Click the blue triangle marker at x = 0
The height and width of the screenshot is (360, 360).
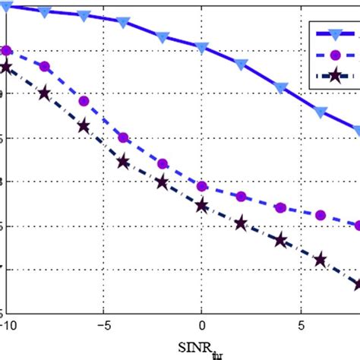tap(202, 48)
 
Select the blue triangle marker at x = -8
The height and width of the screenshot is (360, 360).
tap(45, 13)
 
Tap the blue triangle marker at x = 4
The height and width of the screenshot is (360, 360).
tap(281, 88)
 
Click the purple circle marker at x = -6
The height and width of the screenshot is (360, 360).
tap(84, 101)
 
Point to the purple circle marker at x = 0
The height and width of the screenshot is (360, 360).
tap(202, 186)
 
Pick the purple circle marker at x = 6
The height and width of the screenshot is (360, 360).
tap(321, 215)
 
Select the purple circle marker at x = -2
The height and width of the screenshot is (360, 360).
tap(163, 163)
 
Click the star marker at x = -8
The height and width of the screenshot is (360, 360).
tap(45, 93)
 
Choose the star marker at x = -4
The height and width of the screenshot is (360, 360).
tap(124, 161)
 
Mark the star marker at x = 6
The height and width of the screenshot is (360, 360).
tap(321, 260)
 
